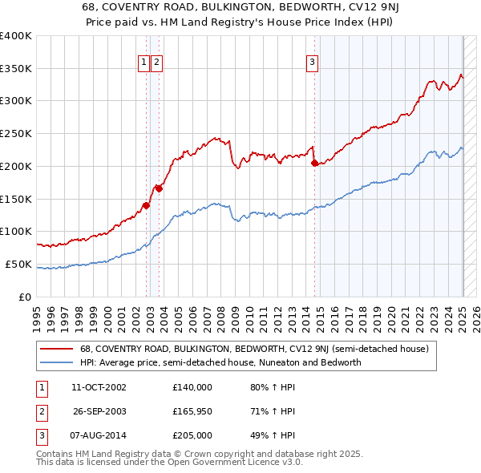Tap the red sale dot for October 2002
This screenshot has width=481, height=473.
click(x=146, y=204)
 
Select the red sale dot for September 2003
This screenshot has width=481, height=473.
click(x=160, y=188)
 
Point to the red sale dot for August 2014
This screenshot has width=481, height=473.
click(x=314, y=163)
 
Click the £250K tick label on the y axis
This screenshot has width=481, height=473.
click(x=15, y=133)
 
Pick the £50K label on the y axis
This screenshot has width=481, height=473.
click(x=18, y=264)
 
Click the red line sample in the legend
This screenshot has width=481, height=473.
click(x=56, y=349)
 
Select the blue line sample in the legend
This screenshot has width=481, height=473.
click(x=56, y=362)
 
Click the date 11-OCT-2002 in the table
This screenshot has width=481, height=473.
click(x=99, y=387)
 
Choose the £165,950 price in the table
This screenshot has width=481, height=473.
click(x=192, y=411)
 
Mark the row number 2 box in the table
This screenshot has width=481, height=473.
click(x=40, y=411)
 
